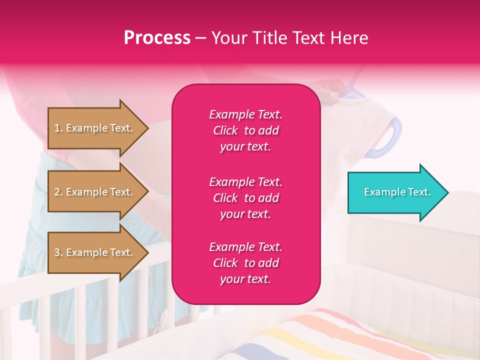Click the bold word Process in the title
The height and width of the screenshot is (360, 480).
click(157, 38)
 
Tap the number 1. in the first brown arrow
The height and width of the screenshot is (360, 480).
click(58, 128)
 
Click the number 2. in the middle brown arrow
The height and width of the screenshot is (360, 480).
click(58, 192)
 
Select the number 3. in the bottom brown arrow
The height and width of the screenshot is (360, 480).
click(58, 252)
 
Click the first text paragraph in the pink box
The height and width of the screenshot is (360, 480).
click(245, 130)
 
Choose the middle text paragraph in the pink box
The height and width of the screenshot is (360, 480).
click(245, 198)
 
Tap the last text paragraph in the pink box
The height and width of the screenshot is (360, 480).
click(245, 263)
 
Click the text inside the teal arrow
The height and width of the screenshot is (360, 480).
click(397, 192)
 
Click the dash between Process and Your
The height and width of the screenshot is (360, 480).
click(200, 38)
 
